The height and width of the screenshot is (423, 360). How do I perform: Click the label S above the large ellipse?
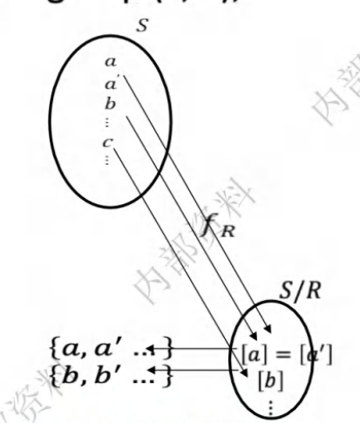pyautogui.click(x=142, y=24)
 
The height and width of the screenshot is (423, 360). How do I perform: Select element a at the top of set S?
pyautogui.click(x=110, y=62)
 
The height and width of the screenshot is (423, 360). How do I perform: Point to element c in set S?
pyautogui.click(x=107, y=142)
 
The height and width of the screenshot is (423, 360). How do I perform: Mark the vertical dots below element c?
pyautogui.click(x=107, y=160)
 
